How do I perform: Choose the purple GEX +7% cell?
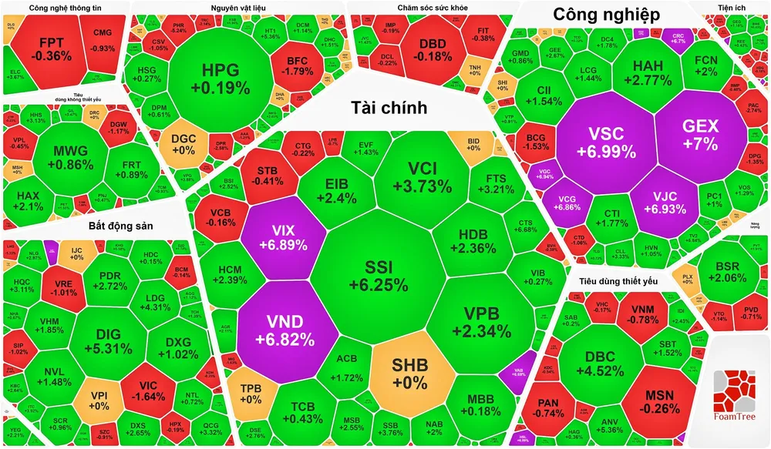point(700,135)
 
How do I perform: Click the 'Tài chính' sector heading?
point(389,107)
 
